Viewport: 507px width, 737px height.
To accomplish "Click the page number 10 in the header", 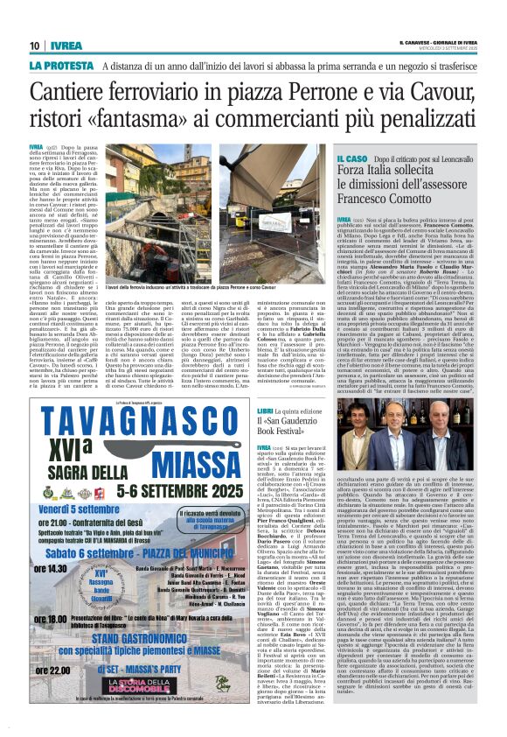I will pyautogui.click(x=35, y=46).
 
